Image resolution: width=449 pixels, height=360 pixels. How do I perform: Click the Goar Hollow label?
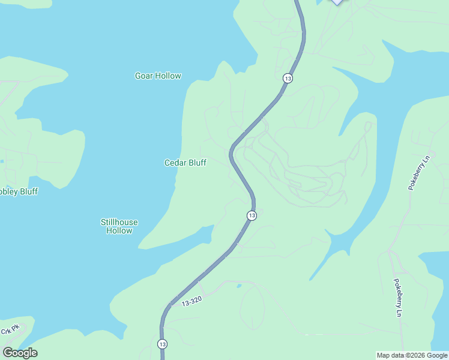coord(158,76)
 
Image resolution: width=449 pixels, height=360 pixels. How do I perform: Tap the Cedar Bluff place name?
coord(185,163)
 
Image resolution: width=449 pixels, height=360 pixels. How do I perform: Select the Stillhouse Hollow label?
coord(119,226)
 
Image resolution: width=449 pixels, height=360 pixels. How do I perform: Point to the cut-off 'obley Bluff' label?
coord(19,191)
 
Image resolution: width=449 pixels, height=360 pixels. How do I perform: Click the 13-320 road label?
coord(190,303)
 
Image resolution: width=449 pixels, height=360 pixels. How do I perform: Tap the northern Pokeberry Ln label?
coord(420,173)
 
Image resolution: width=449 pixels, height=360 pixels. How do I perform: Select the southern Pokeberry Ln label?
coord(397,297)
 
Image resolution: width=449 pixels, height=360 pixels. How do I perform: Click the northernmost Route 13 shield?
coord(288,79)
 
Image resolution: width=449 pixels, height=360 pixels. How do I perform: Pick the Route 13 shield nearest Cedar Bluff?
coord(252,215)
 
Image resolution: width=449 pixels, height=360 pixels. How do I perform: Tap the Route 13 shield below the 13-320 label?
coord(162,344)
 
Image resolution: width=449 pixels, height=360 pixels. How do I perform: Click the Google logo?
coord(20,353)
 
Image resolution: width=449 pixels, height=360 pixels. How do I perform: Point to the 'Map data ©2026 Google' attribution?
coord(412,355)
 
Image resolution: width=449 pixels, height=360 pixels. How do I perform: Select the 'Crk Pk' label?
coord(10,329)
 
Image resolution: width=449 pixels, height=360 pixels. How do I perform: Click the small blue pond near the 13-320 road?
coord(240,286)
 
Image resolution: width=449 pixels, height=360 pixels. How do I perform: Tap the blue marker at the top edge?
coord(338,2)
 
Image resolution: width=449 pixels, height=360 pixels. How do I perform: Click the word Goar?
coord(144,76)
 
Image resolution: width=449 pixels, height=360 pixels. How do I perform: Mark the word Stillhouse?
coord(119,222)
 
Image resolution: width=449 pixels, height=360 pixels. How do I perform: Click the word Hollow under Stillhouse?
coord(119,230)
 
